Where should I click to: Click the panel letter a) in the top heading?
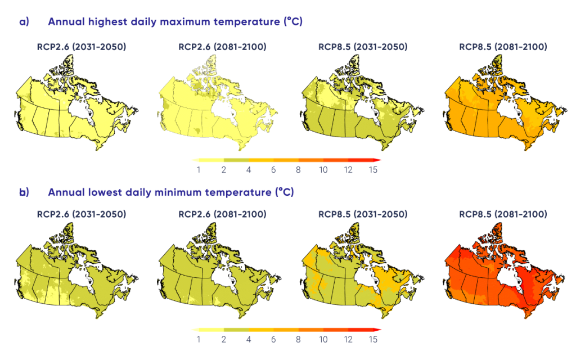(x=23, y=22)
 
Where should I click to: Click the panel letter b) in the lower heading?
(x=23, y=192)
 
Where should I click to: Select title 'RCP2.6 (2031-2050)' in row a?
(x=77, y=47)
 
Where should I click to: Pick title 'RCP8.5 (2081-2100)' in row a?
(x=502, y=47)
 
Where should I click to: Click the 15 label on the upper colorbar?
(x=372, y=169)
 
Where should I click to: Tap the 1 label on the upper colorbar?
(x=199, y=169)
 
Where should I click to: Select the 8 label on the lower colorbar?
(x=298, y=340)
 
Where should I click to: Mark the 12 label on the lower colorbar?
(x=347, y=340)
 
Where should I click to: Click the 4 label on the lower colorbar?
(x=248, y=340)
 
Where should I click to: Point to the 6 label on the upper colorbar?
(x=273, y=169)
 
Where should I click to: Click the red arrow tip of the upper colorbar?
(x=379, y=159)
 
